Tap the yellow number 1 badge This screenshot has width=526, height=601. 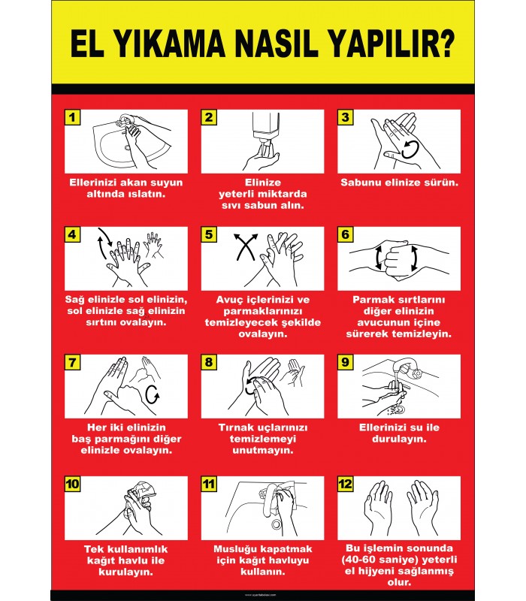click(72, 117)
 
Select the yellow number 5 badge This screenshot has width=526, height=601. click(210, 234)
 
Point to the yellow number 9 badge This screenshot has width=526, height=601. click(345, 362)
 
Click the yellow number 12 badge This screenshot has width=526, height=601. click(346, 484)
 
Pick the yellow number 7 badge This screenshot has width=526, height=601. click(72, 362)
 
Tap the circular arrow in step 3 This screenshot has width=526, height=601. click(409, 148)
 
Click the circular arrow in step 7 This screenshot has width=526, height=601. click(152, 393)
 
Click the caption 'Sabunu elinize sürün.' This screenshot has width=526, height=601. click(400, 183)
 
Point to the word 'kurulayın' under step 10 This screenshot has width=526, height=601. click(126, 572)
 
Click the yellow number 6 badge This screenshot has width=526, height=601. click(345, 234)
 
